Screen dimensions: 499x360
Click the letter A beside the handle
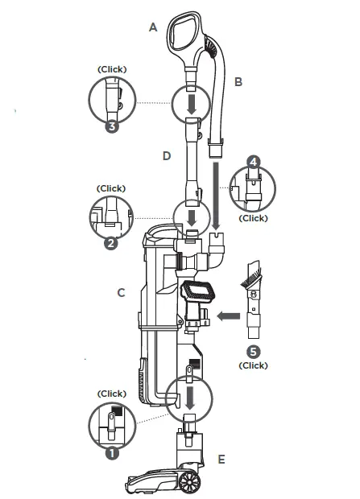pos(153,27)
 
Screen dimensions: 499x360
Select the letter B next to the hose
pos(238,81)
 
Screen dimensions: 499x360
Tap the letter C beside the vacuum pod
pos(122,292)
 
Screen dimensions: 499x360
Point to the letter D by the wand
pos(167,155)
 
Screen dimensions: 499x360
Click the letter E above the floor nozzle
pos(221,460)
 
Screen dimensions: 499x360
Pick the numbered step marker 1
pos(112,453)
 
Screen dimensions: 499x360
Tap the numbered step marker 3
pos(112,126)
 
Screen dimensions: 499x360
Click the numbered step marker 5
pos(254,350)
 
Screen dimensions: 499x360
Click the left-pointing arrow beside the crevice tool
pos(229,316)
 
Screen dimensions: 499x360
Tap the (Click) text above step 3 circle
pos(111,71)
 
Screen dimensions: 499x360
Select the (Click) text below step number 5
pos(254,365)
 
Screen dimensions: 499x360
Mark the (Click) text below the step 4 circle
pos(254,218)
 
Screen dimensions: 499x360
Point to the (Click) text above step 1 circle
pos(111,394)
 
